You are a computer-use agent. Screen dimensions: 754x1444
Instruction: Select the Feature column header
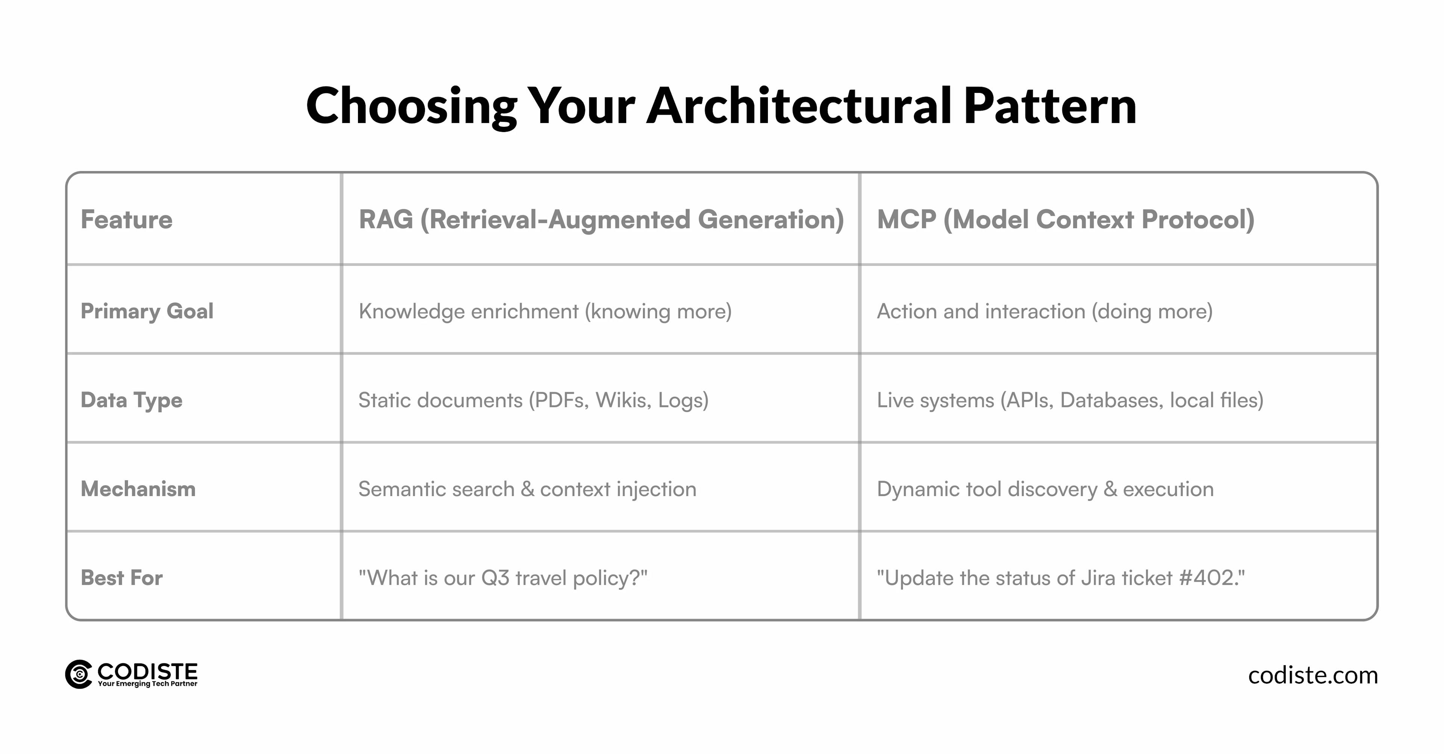coord(127,219)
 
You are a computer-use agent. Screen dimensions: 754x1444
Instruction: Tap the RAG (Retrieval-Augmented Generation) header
coord(601,219)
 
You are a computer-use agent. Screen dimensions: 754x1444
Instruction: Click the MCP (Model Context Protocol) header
coord(1065,219)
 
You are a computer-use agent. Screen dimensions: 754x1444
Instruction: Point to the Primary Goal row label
coord(147,311)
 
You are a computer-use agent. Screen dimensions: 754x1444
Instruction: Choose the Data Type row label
coord(132,400)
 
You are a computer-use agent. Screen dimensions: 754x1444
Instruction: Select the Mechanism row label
coord(138,489)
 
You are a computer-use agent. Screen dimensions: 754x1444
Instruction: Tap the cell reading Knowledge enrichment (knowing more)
coord(545,311)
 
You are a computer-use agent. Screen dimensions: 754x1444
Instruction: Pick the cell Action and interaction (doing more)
coord(1044,311)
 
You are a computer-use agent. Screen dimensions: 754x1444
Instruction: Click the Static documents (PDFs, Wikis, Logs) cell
coord(533,400)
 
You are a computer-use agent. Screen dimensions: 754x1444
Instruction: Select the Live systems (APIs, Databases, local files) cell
coord(1069,400)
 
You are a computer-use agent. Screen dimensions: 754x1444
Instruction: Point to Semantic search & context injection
coord(527,489)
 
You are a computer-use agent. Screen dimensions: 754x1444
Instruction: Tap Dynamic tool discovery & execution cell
coord(1045,489)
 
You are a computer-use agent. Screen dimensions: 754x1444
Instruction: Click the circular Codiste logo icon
coord(79,674)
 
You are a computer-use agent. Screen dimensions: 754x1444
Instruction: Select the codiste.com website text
coord(1312,675)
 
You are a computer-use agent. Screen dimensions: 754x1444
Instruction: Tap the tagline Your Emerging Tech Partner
coord(147,684)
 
